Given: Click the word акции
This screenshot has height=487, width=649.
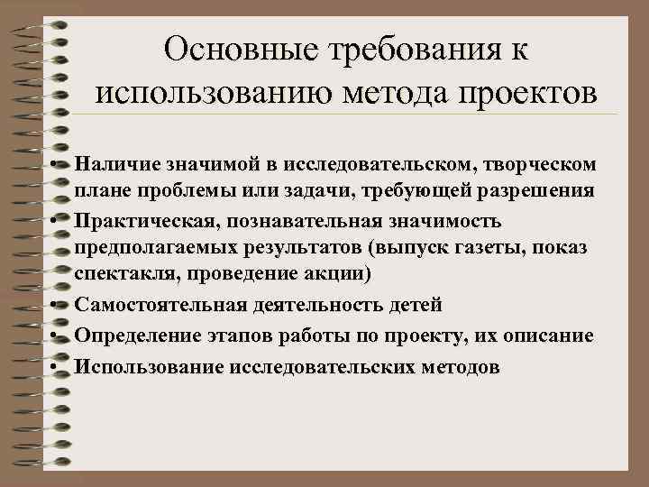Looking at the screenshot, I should [x=328, y=271].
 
